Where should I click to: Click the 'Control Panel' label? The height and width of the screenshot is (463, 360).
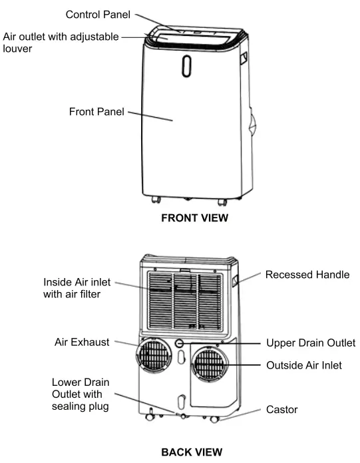(x=97, y=14)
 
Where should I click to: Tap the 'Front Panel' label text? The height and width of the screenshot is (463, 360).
(x=96, y=112)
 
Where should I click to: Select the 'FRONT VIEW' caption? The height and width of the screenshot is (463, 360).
(x=194, y=218)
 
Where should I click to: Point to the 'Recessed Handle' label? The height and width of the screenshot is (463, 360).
(x=307, y=274)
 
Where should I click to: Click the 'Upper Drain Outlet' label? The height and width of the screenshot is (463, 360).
(x=311, y=343)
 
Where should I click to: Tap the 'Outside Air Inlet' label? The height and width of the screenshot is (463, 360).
(x=303, y=365)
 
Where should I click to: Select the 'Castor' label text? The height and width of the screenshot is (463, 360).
(x=281, y=409)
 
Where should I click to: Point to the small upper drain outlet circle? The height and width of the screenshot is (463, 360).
(x=180, y=343)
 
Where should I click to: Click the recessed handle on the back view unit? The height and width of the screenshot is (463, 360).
(x=236, y=282)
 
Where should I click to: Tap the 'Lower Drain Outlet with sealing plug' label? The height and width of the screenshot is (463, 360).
(x=79, y=394)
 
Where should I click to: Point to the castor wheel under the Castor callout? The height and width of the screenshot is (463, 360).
(x=213, y=420)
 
